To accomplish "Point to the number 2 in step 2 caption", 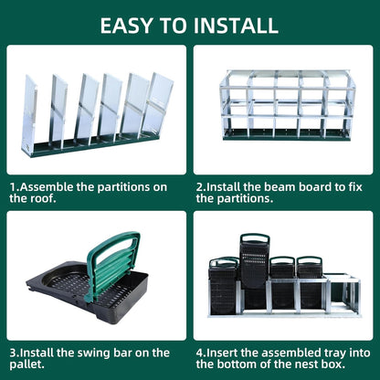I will (199, 185).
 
